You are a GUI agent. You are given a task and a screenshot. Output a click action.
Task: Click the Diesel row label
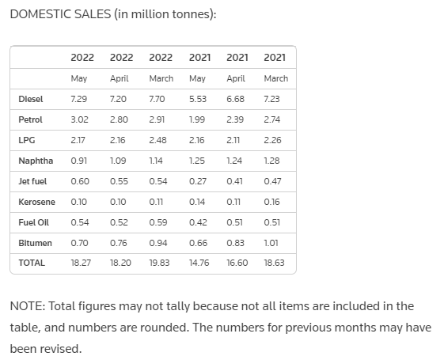tap(31, 99)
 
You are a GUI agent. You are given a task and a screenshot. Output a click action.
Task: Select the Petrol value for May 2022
tap(80, 119)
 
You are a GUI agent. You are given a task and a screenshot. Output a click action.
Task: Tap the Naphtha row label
tap(36, 161)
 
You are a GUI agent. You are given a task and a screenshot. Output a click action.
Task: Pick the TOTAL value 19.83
tap(159, 263)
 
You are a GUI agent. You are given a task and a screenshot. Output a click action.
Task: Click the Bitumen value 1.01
tap(271, 243)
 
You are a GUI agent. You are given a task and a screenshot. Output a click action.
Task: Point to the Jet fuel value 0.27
tap(198, 181)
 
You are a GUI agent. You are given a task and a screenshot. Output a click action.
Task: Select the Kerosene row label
tap(37, 202)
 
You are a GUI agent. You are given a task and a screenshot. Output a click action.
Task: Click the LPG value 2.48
tap(158, 140)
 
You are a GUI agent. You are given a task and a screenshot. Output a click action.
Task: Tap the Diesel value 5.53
tap(198, 99)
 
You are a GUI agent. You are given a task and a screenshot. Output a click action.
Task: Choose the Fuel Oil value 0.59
tap(158, 222)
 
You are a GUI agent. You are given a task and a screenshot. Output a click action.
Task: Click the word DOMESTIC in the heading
tap(40, 14)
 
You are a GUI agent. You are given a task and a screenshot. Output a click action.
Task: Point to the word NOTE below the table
tap(28, 306)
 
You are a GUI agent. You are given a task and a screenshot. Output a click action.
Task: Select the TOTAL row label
tap(32, 263)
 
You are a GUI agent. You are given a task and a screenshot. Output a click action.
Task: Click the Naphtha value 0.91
tap(79, 161)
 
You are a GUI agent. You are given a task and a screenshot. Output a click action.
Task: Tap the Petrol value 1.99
tap(197, 119)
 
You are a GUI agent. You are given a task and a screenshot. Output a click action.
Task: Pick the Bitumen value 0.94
tap(158, 243)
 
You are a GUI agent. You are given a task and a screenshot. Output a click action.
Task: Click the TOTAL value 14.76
tap(199, 263)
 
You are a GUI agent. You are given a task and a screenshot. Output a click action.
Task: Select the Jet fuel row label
tap(32, 181)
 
